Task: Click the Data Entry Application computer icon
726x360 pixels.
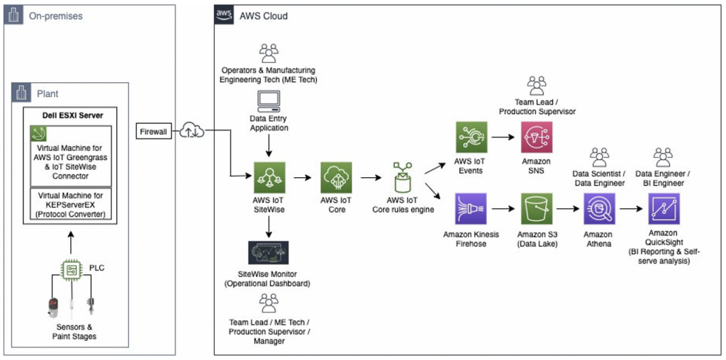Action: click(x=268, y=103)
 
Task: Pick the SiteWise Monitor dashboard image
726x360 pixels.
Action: click(x=269, y=252)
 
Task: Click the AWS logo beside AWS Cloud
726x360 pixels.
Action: click(x=224, y=16)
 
